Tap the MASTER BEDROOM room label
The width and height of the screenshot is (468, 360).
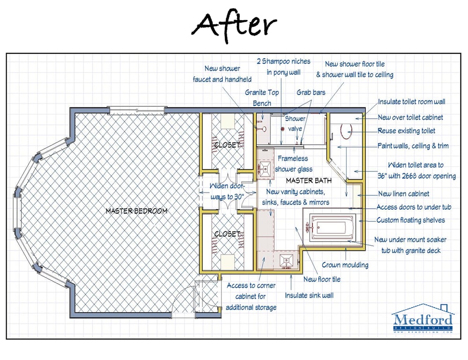pos(136,211)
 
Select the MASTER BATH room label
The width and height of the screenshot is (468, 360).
pos(309,180)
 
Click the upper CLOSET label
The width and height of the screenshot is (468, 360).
pos(227,145)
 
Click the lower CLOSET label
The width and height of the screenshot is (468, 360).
pos(227,234)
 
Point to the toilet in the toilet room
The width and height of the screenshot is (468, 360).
pos(346,130)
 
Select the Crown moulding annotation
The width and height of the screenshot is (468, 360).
pos(345,265)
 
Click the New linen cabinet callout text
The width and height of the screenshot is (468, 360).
pos(403,193)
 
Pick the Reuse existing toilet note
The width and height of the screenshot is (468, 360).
pos(406,131)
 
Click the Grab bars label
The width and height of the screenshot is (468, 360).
pos(311,93)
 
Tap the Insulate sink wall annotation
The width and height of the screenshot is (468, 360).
pos(309,295)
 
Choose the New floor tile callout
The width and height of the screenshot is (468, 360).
pos(322,279)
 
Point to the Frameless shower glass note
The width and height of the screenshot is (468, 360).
pos(293,164)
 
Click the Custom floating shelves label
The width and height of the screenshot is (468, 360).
pos(411,220)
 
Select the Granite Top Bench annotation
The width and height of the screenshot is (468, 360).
pos(262,98)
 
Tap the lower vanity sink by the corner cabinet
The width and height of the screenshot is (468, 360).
pos(286,260)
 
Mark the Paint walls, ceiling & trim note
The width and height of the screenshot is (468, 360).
pos(413,146)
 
